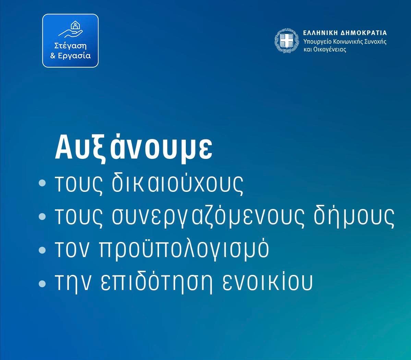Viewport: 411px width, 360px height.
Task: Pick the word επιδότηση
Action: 156,282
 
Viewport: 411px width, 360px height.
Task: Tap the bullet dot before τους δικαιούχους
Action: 42,183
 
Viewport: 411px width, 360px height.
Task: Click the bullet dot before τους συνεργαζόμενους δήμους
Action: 42,217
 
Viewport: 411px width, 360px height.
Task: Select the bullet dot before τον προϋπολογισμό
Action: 42,250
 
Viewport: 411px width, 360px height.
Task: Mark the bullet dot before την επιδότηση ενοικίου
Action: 42,284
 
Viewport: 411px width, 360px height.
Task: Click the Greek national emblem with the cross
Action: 287,41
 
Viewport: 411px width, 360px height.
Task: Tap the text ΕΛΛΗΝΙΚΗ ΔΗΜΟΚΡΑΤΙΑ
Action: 345,33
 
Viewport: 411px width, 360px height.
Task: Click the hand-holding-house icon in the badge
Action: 71,29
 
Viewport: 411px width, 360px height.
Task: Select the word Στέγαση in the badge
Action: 70,46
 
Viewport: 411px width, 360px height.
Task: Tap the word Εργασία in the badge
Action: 74,56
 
